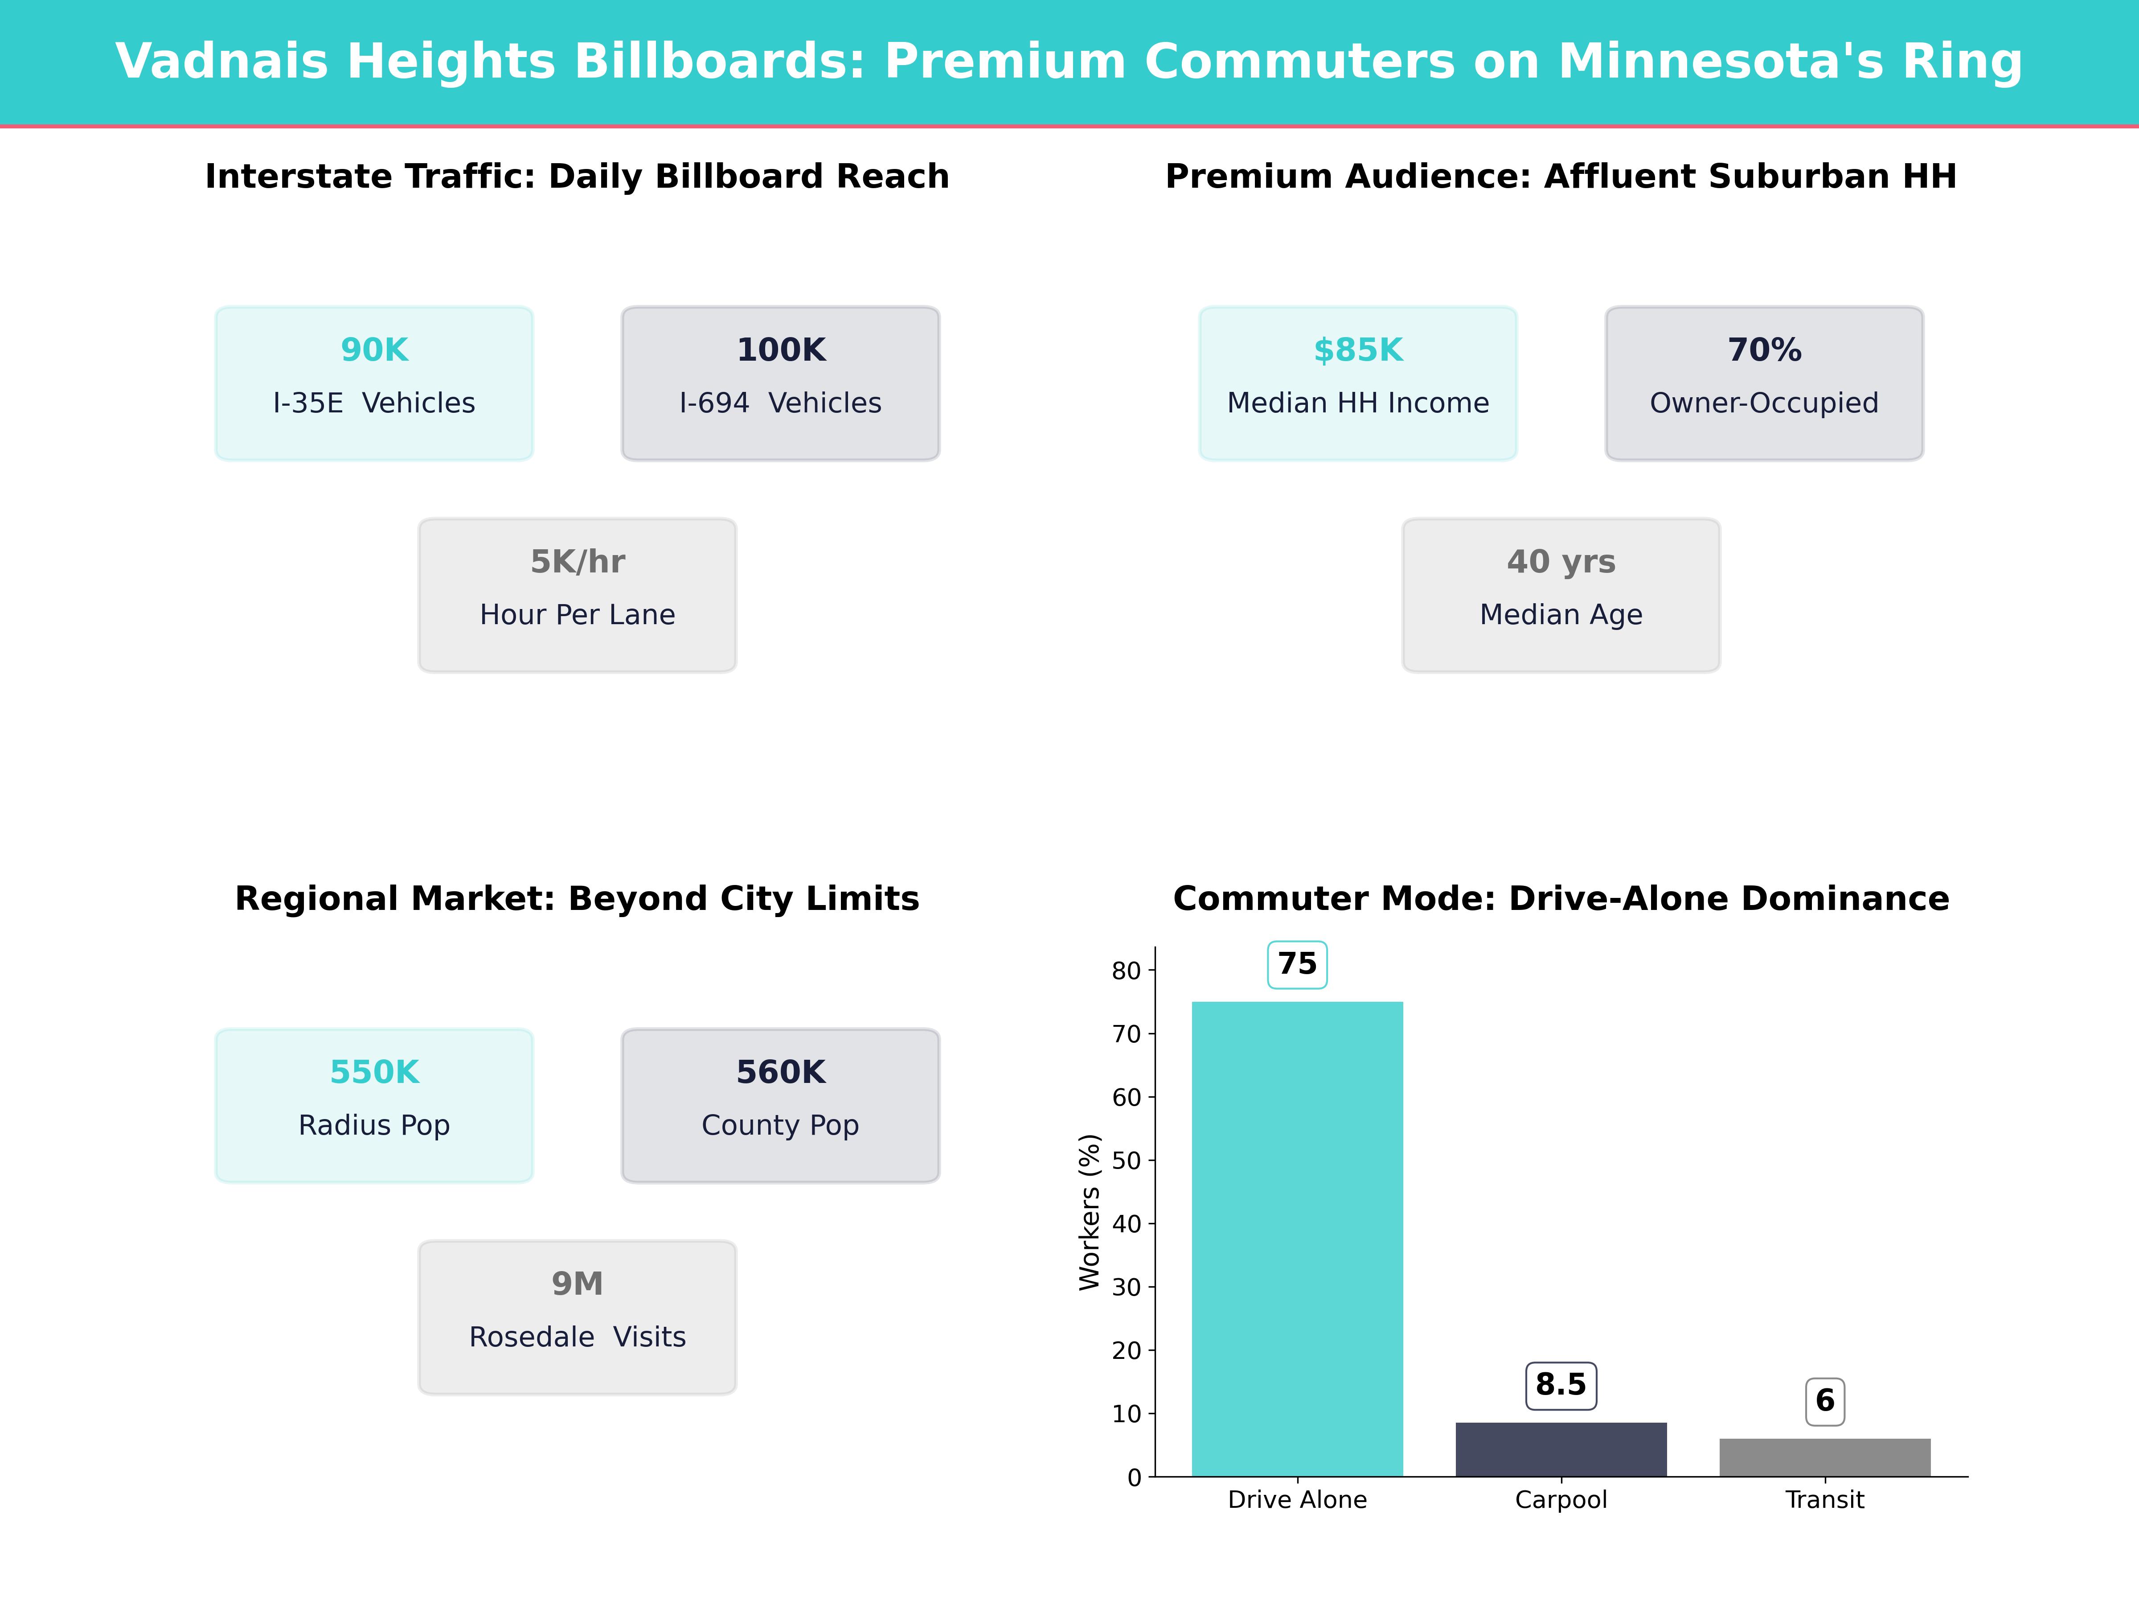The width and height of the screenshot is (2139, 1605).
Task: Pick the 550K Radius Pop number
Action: point(374,1072)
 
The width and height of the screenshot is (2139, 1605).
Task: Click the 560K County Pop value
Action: point(780,1072)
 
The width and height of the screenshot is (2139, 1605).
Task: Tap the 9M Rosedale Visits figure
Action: point(577,1284)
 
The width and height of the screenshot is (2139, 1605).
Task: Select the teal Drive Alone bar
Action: point(1297,1239)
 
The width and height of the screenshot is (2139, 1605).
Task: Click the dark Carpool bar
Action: point(1561,1449)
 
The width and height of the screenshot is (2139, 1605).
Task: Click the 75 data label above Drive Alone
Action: point(1297,963)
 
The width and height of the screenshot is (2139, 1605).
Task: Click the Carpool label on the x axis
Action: point(1561,1499)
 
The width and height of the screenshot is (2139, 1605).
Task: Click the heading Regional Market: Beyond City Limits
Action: point(577,899)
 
